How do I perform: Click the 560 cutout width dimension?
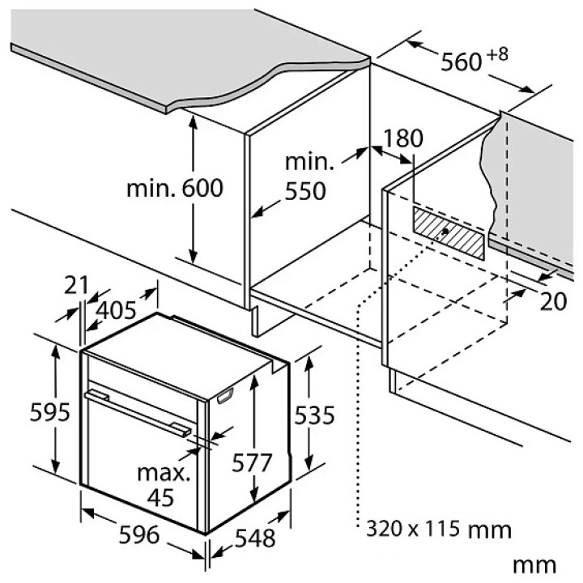pyautogui.click(x=462, y=62)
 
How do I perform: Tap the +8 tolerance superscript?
pyautogui.click(x=497, y=55)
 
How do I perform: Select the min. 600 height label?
pyautogui.click(x=175, y=188)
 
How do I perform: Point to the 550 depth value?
pyautogui.click(x=305, y=191)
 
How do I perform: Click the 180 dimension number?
pyautogui.click(x=403, y=138)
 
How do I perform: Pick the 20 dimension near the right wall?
pyautogui.click(x=553, y=301)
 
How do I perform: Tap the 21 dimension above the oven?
pyautogui.click(x=76, y=285)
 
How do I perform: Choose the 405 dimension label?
pyautogui.click(x=116, y=310)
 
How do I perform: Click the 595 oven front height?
pyautogui.click(x=50, y=412)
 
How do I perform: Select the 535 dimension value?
pyautogui.click(x=314, y=415)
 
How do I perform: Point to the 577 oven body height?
pyautogui.click(x=252, y=463)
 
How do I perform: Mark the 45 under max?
pyautogui.click(x=160, y=497)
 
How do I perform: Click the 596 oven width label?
pyautogui.click(x=139, y=535)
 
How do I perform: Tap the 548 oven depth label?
pyautogui.click(x=255, y=538)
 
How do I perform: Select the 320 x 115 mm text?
pyautogui.click(x=439, y=529)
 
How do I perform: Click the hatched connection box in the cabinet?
pyautogui.click(x=449, y=233)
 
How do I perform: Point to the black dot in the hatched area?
pyautogui.click(x=445, y=231)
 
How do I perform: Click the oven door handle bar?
pyautogui.click(x=138, y=411)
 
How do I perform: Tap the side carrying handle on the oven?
pyautogui.click(x=225, y=395)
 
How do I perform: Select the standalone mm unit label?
pyautogui.click(x=534, y=565)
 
